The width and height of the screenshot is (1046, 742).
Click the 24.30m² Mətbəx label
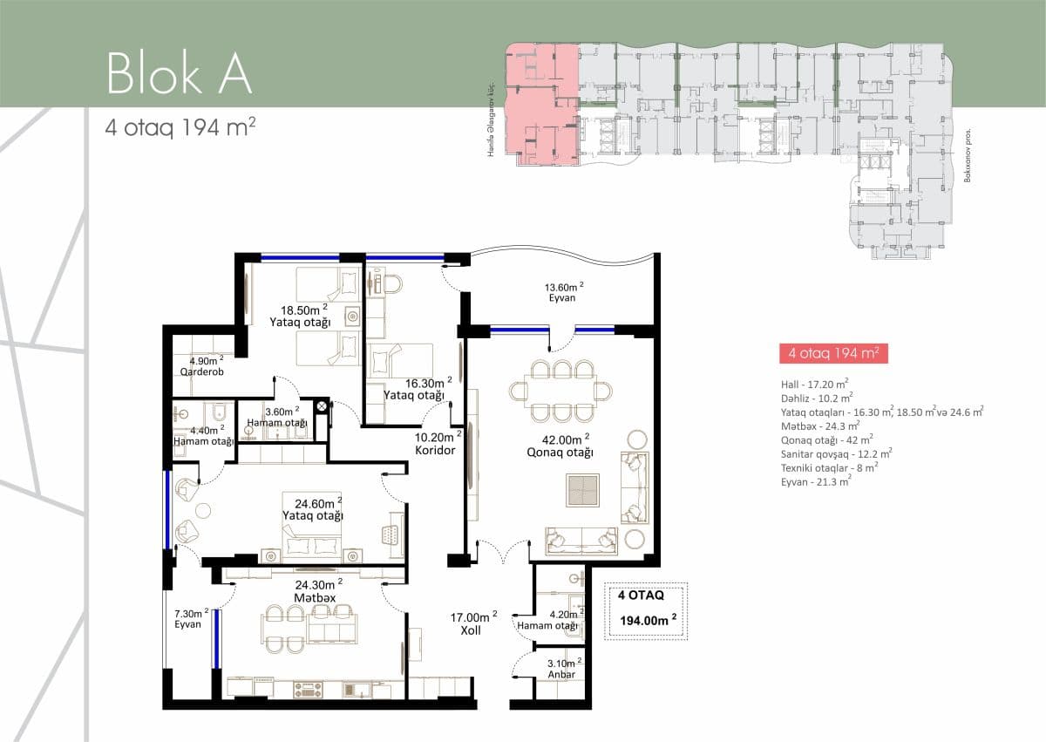(x=315, y=590)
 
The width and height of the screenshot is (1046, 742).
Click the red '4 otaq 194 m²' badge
(x=832, y=354)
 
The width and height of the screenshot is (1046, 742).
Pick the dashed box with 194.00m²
(x=647, y=609)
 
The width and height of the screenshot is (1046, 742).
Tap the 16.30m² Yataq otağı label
(x=417, y=388)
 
